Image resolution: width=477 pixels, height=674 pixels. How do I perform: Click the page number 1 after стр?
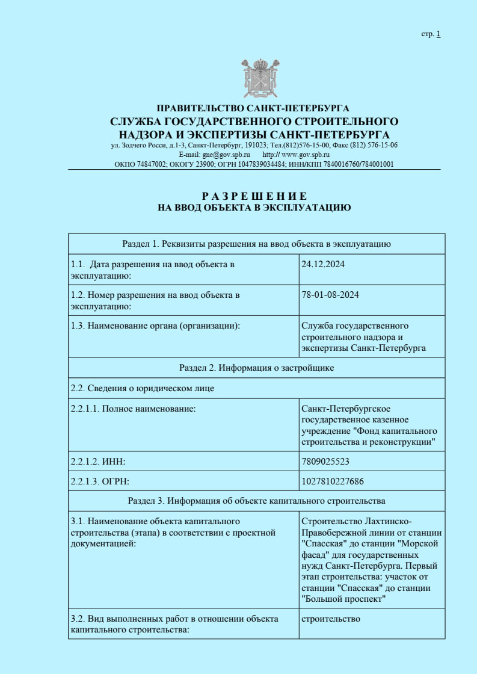pos(439,34)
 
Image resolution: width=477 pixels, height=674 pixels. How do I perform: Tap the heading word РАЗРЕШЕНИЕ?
pos(254,196)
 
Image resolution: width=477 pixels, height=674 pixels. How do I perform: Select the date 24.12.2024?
pos(323,264)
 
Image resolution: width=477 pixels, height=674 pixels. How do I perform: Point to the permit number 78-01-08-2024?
pos(331,295)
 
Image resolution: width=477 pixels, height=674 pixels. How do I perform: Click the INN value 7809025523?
pos(325,462)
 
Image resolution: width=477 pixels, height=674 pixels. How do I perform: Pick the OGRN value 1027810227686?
pos(332,481)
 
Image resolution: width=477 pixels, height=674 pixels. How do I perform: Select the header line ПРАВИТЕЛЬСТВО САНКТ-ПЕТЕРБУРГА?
pos(253,109)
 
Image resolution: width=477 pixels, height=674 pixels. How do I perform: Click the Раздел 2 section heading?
pos(256,368)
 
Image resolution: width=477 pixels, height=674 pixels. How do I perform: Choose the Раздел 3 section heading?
pos(256,501)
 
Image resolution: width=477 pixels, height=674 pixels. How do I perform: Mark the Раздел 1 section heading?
pos(256,244)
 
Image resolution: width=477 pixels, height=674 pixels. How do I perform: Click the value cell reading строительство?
pos(331,619)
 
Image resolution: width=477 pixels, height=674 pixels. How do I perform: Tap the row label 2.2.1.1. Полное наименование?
pos(134,409)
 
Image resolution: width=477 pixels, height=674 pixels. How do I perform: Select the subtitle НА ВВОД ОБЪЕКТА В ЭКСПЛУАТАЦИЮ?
pos(254,208)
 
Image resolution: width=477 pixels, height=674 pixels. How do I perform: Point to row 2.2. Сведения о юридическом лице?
pos(142,388)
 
